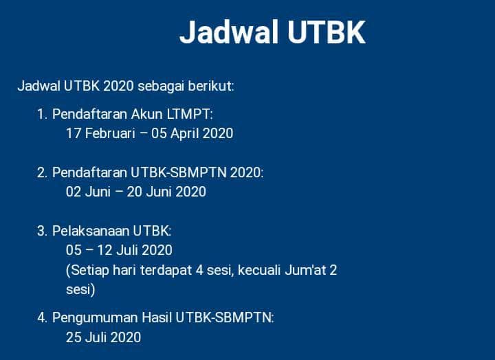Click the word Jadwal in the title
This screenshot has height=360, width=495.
(228, 32)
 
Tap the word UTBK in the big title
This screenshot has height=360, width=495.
(325, 32)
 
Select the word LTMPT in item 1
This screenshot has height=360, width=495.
(192, 113)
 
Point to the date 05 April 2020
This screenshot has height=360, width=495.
(192, 133)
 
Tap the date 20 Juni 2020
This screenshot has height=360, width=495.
(166, 192)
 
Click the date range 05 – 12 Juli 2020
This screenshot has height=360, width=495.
(119, 250)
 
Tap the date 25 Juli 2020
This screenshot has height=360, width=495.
(103, 337)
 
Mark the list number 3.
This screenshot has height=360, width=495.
(41, 231)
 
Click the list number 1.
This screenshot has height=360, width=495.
(41, 113)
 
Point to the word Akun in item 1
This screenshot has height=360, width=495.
(145, 113)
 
